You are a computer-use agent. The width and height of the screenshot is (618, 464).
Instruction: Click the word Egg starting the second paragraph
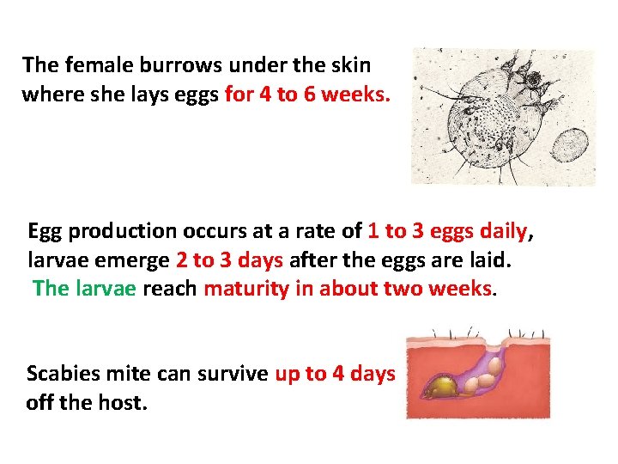(44, 232)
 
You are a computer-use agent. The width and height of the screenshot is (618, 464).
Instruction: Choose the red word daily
(502, 232)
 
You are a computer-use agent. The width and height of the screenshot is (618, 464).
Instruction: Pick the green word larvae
(106, 289)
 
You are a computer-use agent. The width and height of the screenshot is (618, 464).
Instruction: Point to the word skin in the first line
(352, 64)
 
